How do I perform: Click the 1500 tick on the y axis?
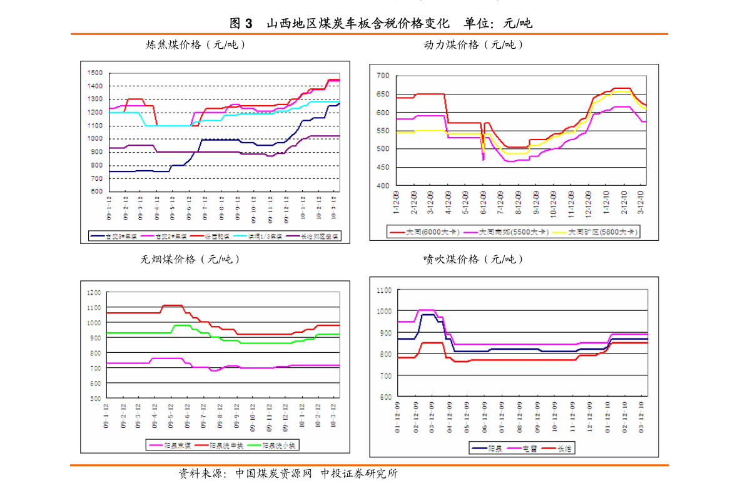94,73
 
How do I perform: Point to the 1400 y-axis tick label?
94,86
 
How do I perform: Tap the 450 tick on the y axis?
382,168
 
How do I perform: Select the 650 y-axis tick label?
382,94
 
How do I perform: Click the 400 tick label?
382,186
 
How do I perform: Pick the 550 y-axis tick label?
382,131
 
